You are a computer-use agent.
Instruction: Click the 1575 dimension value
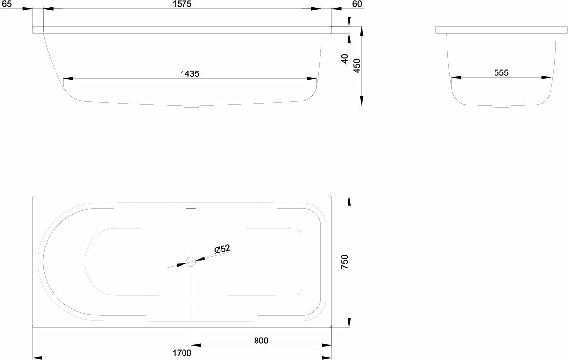pos(183,4)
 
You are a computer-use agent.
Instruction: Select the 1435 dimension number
pos(190,74)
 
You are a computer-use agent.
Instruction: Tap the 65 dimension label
pos(6,4)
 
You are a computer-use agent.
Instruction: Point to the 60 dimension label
pos(357,4)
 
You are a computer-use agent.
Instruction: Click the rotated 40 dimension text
pos(345,59)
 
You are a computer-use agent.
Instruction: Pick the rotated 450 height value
pos(357,66)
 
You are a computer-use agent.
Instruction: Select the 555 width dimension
pos(501,73)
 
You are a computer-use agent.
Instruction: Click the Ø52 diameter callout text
pos(222,249)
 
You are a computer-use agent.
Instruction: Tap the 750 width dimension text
pos(345,262)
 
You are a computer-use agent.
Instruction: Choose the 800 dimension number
pos(261,341)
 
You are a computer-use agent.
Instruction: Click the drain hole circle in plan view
pos(190,262)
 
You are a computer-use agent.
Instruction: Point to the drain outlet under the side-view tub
pos(190,107)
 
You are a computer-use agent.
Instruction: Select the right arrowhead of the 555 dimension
pos(547,77)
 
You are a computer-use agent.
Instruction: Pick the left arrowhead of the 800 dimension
pos(196,345)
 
